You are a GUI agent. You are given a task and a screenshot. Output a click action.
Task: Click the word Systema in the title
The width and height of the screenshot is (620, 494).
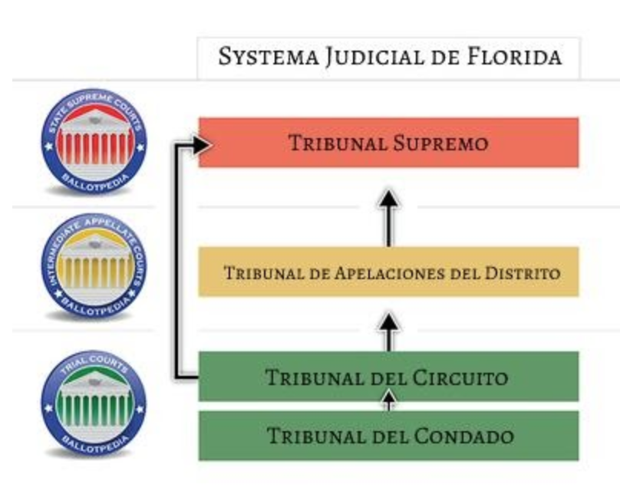pos(269,57)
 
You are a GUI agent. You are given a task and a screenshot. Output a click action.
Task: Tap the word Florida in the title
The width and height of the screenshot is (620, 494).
pos(514,56)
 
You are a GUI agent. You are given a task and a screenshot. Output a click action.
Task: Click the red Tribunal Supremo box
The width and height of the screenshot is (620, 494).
pos(389,142)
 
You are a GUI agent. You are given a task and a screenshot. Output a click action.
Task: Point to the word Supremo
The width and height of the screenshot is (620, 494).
pos(441,143)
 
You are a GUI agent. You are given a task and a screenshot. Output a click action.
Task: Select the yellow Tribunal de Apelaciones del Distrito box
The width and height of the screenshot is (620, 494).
pos(389,272)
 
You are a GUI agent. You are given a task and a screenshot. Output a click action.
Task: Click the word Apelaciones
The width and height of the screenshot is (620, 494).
pos(390,273)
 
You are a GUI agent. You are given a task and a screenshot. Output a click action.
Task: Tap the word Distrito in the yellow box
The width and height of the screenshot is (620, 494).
pos(523,273)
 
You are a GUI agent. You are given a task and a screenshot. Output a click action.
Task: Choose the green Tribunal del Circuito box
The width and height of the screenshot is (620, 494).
pos(389,376)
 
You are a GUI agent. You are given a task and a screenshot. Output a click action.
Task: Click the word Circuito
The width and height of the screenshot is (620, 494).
pos(460,377)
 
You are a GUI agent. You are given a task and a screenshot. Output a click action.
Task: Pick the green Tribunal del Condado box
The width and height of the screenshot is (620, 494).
pos(389,436)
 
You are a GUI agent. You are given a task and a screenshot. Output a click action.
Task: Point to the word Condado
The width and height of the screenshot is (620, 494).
pos(464,436)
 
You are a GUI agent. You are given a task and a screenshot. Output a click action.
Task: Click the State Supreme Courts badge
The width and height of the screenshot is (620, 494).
pos(94,141)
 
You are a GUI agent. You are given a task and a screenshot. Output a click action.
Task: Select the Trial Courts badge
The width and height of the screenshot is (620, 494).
pos(94,403)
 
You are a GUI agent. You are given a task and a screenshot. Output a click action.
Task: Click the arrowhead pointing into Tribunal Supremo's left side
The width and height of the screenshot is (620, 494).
pos(201,145)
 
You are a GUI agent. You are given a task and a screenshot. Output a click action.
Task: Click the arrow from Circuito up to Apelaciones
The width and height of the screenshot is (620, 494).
pos(389,332)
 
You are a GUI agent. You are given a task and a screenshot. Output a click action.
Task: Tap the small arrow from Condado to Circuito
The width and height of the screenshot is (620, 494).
pos(389,400)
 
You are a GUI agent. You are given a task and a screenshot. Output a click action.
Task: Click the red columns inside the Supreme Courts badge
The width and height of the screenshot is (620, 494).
pos(95,148)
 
